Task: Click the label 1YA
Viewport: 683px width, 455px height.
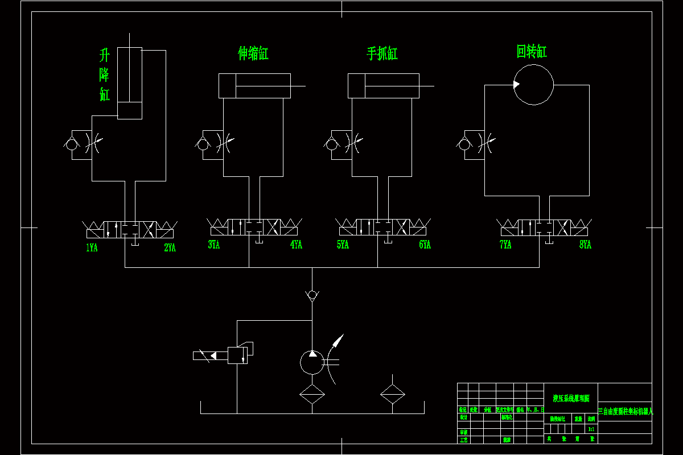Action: (x=92, y=248)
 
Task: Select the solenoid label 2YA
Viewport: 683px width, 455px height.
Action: (x=170, y=248)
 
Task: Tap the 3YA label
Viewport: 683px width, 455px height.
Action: (x=213, y=245)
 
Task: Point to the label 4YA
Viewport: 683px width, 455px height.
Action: (x=296, y=245)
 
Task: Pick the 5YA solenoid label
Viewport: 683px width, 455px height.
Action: (x=343, y=245)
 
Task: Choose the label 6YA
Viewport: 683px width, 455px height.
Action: (x=425, y=245)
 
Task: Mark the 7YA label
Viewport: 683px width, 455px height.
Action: (x=505, y=245)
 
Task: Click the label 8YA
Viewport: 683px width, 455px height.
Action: (x=586, y=245)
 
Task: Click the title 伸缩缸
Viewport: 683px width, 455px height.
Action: (x=253, y=53)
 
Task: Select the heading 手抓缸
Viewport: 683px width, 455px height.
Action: (x=382, y=54)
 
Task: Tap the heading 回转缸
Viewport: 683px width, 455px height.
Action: (x=532, y=52)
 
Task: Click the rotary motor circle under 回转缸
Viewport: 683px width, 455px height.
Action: (x=533, y=85)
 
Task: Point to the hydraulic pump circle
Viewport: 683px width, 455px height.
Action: (x=311, y=362)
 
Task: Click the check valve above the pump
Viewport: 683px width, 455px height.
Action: (x=312, y=295)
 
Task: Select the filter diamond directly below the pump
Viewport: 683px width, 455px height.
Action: (x=312, y=394)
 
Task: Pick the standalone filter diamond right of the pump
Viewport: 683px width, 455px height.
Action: (x=392, y=394)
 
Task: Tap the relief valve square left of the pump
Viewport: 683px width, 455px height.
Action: (x=237, y=355)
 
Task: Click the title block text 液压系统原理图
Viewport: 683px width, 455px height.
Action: (x=571, y=399)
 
